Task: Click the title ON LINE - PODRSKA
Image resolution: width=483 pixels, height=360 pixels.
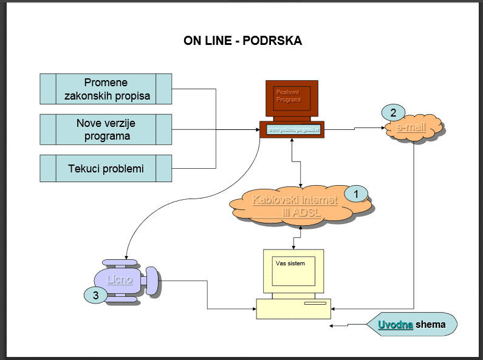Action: click(x=242, y=41)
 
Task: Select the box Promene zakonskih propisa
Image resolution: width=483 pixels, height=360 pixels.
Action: click(x=106, y=89)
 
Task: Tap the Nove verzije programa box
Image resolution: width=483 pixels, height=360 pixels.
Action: click(x=106, y=129)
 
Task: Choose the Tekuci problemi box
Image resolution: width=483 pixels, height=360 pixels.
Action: click(x=106, y=168)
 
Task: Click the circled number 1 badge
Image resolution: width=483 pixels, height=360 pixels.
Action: click(x=357, y=194)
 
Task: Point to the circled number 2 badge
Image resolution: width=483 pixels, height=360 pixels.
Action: click(x=393, y=112)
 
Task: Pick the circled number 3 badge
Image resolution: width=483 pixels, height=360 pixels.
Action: click(x=95, y=296)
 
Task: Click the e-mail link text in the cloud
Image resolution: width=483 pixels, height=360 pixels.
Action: click(x=411, y=128)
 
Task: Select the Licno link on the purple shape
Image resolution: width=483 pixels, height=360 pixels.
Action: click(x=120, y=280)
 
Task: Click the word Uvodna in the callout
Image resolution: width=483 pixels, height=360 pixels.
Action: click(x=396, y=325)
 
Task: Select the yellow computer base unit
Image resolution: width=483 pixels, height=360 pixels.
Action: click(x=293, y=308)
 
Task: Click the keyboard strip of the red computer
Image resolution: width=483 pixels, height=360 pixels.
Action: click(x=292, y=129)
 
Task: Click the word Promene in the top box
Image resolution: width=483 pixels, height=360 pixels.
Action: click(x=106, y=83)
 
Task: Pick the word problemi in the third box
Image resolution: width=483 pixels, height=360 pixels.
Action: click(x=123, y=168)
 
